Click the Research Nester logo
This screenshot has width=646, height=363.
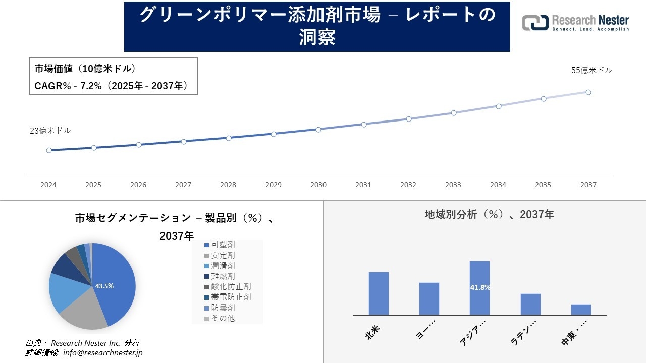point(575,23)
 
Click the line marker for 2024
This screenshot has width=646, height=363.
point(49,150)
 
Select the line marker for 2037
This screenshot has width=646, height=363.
point(588,92)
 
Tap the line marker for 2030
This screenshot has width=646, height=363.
point(318,130)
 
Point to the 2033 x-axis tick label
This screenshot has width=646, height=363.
point(453,185)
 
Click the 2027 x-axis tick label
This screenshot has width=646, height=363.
point(183,185)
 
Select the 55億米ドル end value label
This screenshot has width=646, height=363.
point(591,70)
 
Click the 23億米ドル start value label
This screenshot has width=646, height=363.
point(50,131)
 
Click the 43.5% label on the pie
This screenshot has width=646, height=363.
point(104,286)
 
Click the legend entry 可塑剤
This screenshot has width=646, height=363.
point(223,245)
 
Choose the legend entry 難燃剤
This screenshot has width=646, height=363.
point(223,276)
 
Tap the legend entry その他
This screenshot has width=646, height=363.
point(223,318)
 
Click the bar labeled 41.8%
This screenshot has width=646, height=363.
point(479,287)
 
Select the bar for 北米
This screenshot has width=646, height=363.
point(379,293)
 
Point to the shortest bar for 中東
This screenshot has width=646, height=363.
point(581,310)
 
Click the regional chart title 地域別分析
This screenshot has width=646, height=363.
point(489,214)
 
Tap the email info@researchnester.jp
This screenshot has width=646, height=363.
point(103,353)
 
